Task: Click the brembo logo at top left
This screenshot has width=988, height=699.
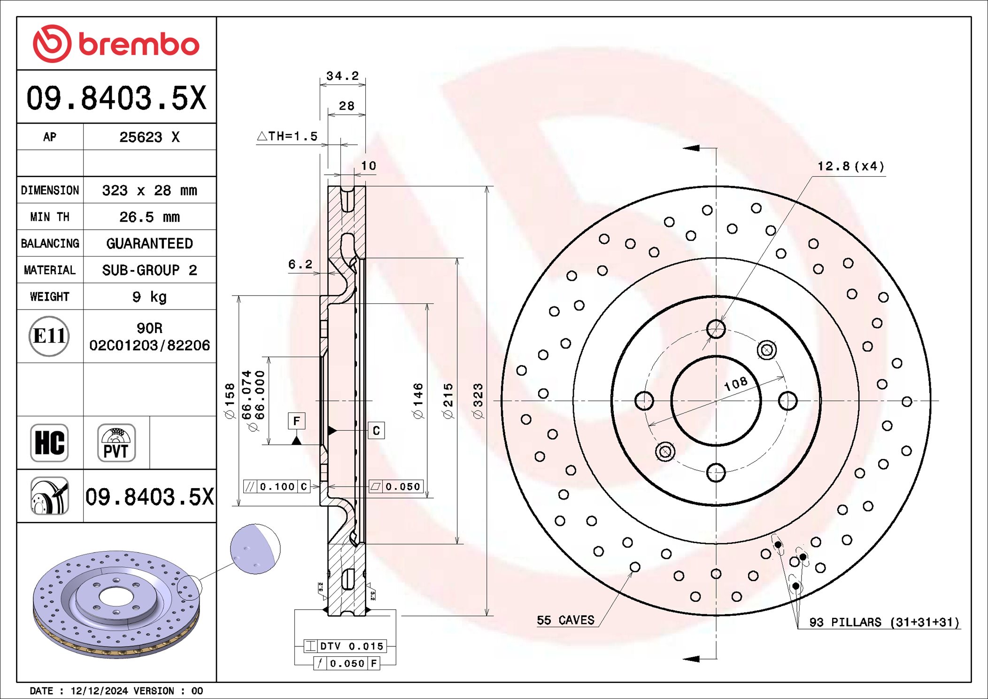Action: (116, 44)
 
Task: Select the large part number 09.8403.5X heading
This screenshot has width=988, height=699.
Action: (116, 98)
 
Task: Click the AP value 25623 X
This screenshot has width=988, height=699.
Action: (149, 137)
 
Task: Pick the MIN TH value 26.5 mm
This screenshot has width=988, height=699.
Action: (149, 217)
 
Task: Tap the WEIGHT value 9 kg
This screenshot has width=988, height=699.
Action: (149, 297)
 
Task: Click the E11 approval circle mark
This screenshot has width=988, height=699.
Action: (49, 336)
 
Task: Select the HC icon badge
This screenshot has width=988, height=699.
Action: (49, 443)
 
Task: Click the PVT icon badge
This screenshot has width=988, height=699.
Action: (116, 443)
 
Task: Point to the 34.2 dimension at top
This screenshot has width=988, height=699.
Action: (342, 76)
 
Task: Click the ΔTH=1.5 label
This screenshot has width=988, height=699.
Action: (287, 136)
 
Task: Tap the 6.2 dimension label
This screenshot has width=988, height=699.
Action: (300, 264)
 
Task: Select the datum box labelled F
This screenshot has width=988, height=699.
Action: (296, 421)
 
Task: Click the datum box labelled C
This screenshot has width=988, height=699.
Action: (376, 431)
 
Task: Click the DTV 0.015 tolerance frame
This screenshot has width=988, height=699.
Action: (345, 646)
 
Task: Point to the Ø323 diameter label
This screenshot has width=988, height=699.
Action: (478, 401)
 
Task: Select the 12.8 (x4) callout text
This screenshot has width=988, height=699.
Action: (850, 166)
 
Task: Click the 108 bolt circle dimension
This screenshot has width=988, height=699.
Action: (735, 384)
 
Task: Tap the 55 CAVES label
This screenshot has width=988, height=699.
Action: (565, 620)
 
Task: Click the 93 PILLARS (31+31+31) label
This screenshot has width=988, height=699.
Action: (884, 622)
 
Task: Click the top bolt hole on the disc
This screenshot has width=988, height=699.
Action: (716, 329)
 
